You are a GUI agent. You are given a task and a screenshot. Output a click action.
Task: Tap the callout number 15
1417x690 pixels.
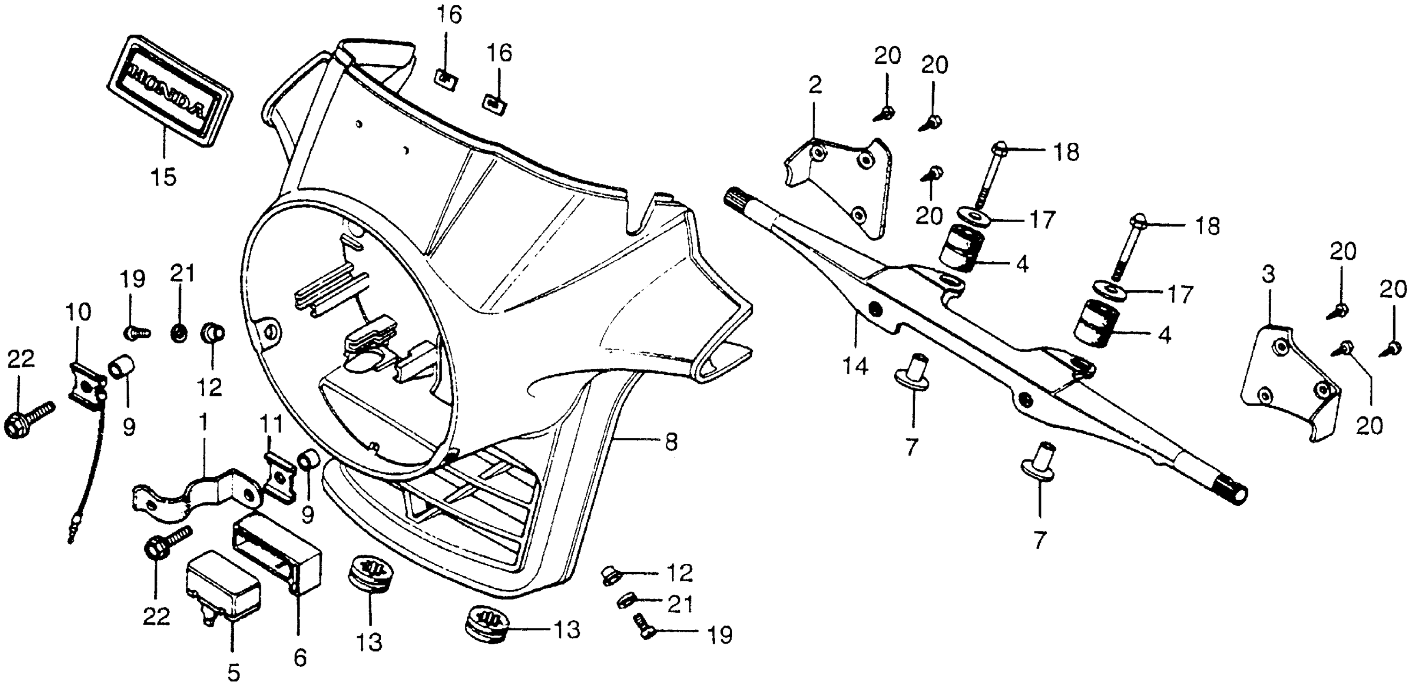(163, 177)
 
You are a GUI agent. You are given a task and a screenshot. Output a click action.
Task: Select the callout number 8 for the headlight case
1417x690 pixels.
(671, 442)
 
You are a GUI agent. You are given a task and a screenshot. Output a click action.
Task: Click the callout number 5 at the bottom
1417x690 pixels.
(234, 673)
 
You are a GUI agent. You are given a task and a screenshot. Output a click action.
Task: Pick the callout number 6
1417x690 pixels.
(300, 657)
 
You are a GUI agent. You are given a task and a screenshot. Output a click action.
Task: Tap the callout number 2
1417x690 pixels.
(815, 85)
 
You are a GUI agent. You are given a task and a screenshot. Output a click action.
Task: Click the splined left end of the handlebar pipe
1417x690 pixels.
(740, 198)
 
